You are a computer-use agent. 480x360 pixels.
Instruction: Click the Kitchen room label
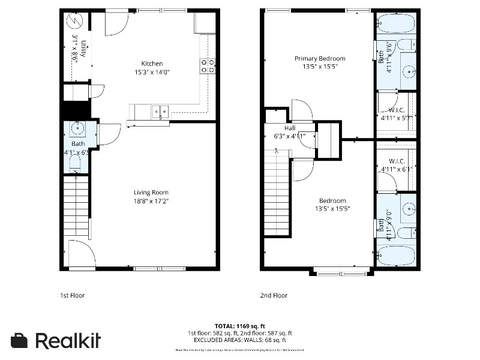click(152, 64)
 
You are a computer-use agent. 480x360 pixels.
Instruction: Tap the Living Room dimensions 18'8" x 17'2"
click(151, 201)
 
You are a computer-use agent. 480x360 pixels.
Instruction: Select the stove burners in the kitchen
click(208, 65)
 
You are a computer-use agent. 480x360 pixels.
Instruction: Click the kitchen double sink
click(160, 110)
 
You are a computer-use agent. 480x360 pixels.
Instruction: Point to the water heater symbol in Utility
click(74, 21)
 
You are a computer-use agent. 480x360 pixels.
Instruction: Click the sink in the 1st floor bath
click(77, 128)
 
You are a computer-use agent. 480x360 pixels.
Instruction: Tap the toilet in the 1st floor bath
click(76, 162)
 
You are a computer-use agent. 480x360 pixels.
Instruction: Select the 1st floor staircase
click(76, 207)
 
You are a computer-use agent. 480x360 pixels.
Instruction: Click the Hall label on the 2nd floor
click(290, 128)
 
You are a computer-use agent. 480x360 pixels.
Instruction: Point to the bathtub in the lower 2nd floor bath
click(395, 256)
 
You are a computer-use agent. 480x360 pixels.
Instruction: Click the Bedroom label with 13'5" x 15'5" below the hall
click(332, 200)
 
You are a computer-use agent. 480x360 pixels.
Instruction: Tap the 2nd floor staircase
click(277, 192)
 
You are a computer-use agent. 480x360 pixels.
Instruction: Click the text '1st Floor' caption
click(72, 295)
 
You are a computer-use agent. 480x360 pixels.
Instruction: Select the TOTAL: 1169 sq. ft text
click(240, 326)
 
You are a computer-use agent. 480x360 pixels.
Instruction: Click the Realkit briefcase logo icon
click(19, 340)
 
